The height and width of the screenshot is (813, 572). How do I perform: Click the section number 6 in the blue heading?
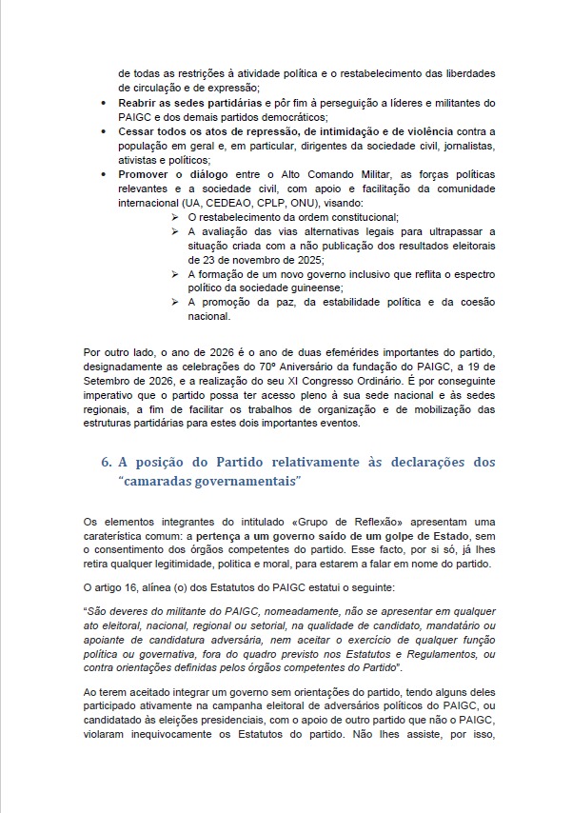106,462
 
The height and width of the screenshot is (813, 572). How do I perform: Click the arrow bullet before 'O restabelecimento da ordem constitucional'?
175,218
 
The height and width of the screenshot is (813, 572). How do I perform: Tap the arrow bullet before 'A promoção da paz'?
175,302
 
